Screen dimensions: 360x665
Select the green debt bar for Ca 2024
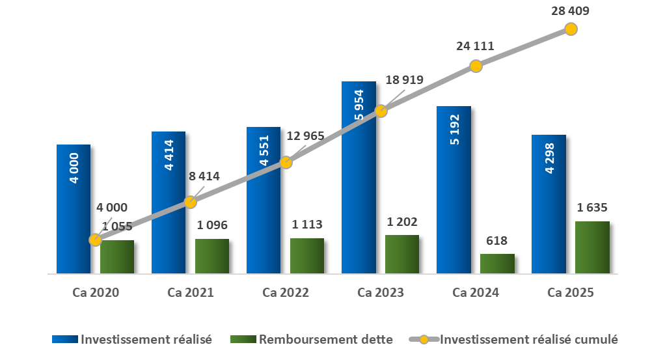497,264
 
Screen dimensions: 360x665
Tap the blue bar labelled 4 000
74,208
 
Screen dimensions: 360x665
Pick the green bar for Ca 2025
592,247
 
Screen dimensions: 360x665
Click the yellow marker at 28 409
571,29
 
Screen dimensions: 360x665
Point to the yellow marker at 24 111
476,66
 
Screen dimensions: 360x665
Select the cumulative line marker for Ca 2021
190,202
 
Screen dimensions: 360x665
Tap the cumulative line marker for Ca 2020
95,240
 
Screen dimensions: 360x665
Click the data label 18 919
404,81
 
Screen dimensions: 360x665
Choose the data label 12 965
305,135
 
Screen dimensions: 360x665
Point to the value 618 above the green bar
497,240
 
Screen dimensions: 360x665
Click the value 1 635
592,208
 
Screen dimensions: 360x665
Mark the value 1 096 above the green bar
212,225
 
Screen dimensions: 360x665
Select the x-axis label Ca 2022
286,293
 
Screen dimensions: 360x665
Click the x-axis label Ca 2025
571,293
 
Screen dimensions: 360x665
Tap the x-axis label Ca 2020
96,293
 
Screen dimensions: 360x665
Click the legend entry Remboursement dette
325,339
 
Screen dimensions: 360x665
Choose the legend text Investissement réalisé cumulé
528,339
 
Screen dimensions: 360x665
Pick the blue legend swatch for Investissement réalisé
64,339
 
